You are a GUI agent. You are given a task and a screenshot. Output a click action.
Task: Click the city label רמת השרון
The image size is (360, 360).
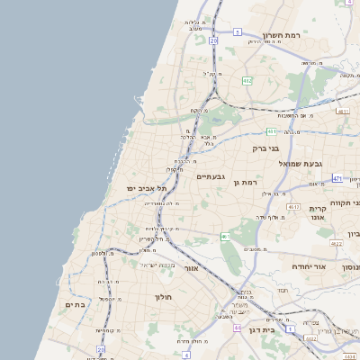coord(286,35)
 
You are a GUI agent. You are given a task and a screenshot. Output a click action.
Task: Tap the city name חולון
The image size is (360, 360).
coord(163,296)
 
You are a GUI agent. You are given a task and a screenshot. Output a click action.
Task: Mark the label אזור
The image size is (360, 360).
coord(189,268)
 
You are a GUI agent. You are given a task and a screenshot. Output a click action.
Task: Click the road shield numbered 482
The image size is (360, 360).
coord(247,81)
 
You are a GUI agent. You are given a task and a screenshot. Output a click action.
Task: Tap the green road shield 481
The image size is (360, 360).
coord(271,130)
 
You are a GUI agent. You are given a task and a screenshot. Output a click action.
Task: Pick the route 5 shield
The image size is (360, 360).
coord(237,31)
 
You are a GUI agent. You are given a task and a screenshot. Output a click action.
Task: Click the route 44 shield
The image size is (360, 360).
coord(238,328)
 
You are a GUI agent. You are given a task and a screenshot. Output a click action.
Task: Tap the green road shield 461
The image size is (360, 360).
coord(225,236)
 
